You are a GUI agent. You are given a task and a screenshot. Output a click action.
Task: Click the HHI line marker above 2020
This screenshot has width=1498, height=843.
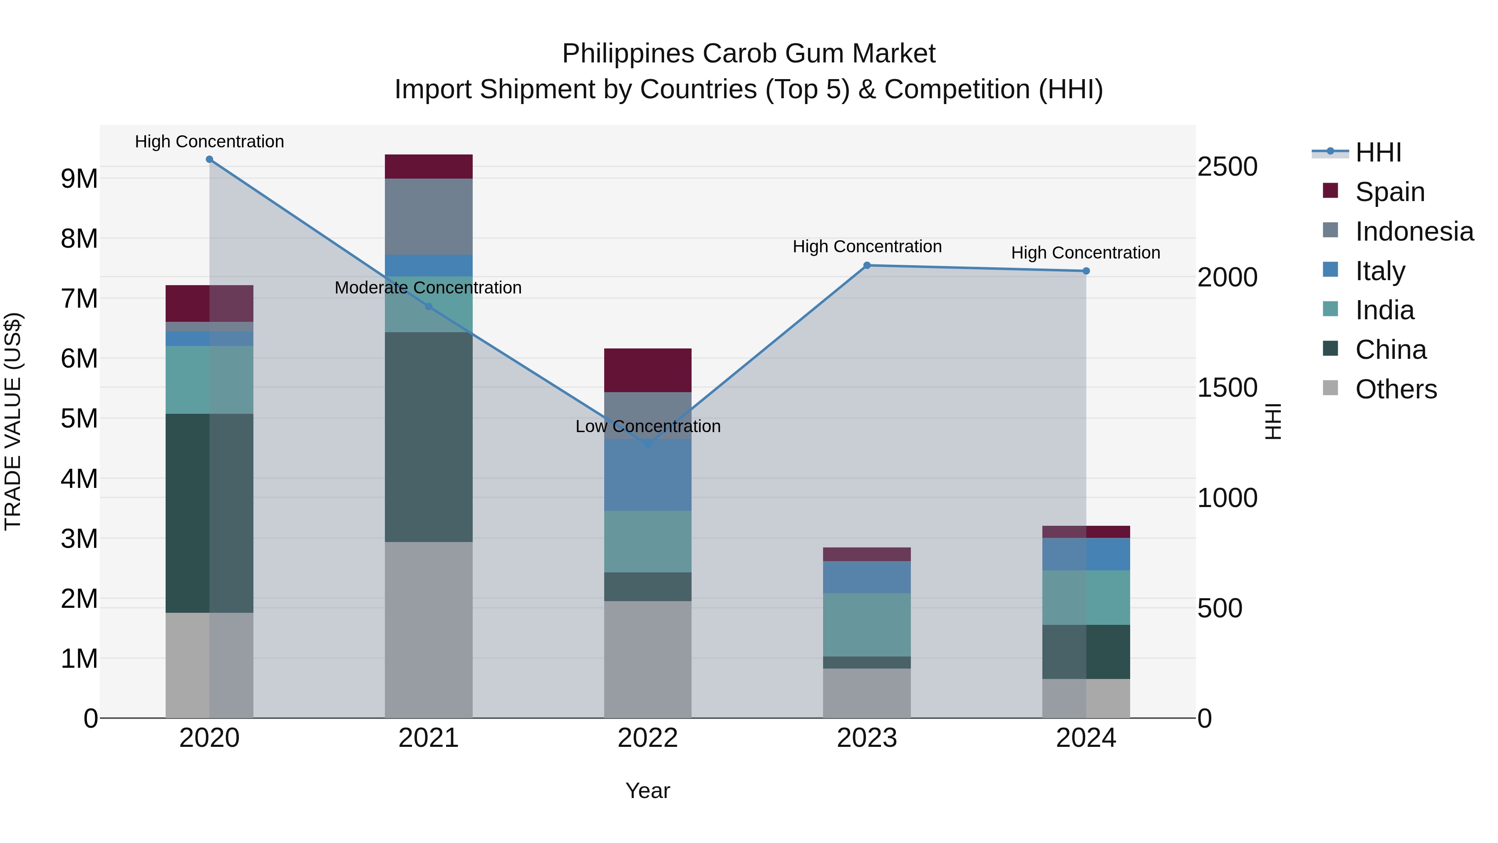[x=209, y=159]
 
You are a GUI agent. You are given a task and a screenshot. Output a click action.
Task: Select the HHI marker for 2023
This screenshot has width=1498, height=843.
[x=866, y=265]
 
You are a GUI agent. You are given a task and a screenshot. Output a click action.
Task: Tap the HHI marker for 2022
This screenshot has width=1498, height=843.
[x=648, y=444]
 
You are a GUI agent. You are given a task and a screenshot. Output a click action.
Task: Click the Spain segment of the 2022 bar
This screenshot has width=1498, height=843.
[x=648, y=370]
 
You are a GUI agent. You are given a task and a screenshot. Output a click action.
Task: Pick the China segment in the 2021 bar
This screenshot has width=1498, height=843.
[x=429, y=436]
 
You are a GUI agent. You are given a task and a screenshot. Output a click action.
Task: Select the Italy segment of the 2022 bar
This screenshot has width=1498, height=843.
[x=648, y=475]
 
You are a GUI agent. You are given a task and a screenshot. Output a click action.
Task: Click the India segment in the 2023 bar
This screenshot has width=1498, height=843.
[x=866, y=624]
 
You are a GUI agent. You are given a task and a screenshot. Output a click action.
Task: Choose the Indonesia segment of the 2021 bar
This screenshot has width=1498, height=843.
[x=429, y=216]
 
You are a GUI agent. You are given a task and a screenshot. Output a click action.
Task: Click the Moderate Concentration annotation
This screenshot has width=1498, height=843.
[x=428, y=287]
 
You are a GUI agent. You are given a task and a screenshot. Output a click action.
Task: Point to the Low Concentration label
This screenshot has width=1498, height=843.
[x=648, y=426]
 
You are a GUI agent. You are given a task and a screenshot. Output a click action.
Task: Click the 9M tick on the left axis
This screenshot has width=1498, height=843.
[x=79, y=179]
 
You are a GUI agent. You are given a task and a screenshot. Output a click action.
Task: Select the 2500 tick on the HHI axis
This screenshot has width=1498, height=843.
[x=1227, y=167]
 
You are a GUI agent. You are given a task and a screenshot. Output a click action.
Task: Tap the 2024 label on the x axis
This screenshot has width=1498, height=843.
[x=1085, y=738]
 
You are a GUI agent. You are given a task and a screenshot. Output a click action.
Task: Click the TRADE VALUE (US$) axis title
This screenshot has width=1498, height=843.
[x=13, y=421]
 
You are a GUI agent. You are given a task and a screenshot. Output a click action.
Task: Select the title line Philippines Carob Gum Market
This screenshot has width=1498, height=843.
[x=749, y=54]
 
